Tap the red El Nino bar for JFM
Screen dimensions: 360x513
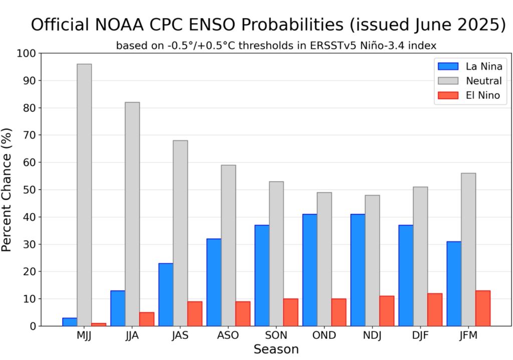pos(482,308)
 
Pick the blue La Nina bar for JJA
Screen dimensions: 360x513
pos(118,308)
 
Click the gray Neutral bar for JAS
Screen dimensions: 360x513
pos(180,233)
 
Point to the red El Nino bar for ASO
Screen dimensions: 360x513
pos(242,313)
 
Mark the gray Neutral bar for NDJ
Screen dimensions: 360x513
pos(372,260)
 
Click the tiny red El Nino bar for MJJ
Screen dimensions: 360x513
pos(99,324)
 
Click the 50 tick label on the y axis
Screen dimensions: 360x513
pos(29,190)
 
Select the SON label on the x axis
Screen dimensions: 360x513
pos(276,335)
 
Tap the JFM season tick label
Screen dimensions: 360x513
pos(468,335)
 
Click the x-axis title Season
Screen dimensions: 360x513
pos(276,349)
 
